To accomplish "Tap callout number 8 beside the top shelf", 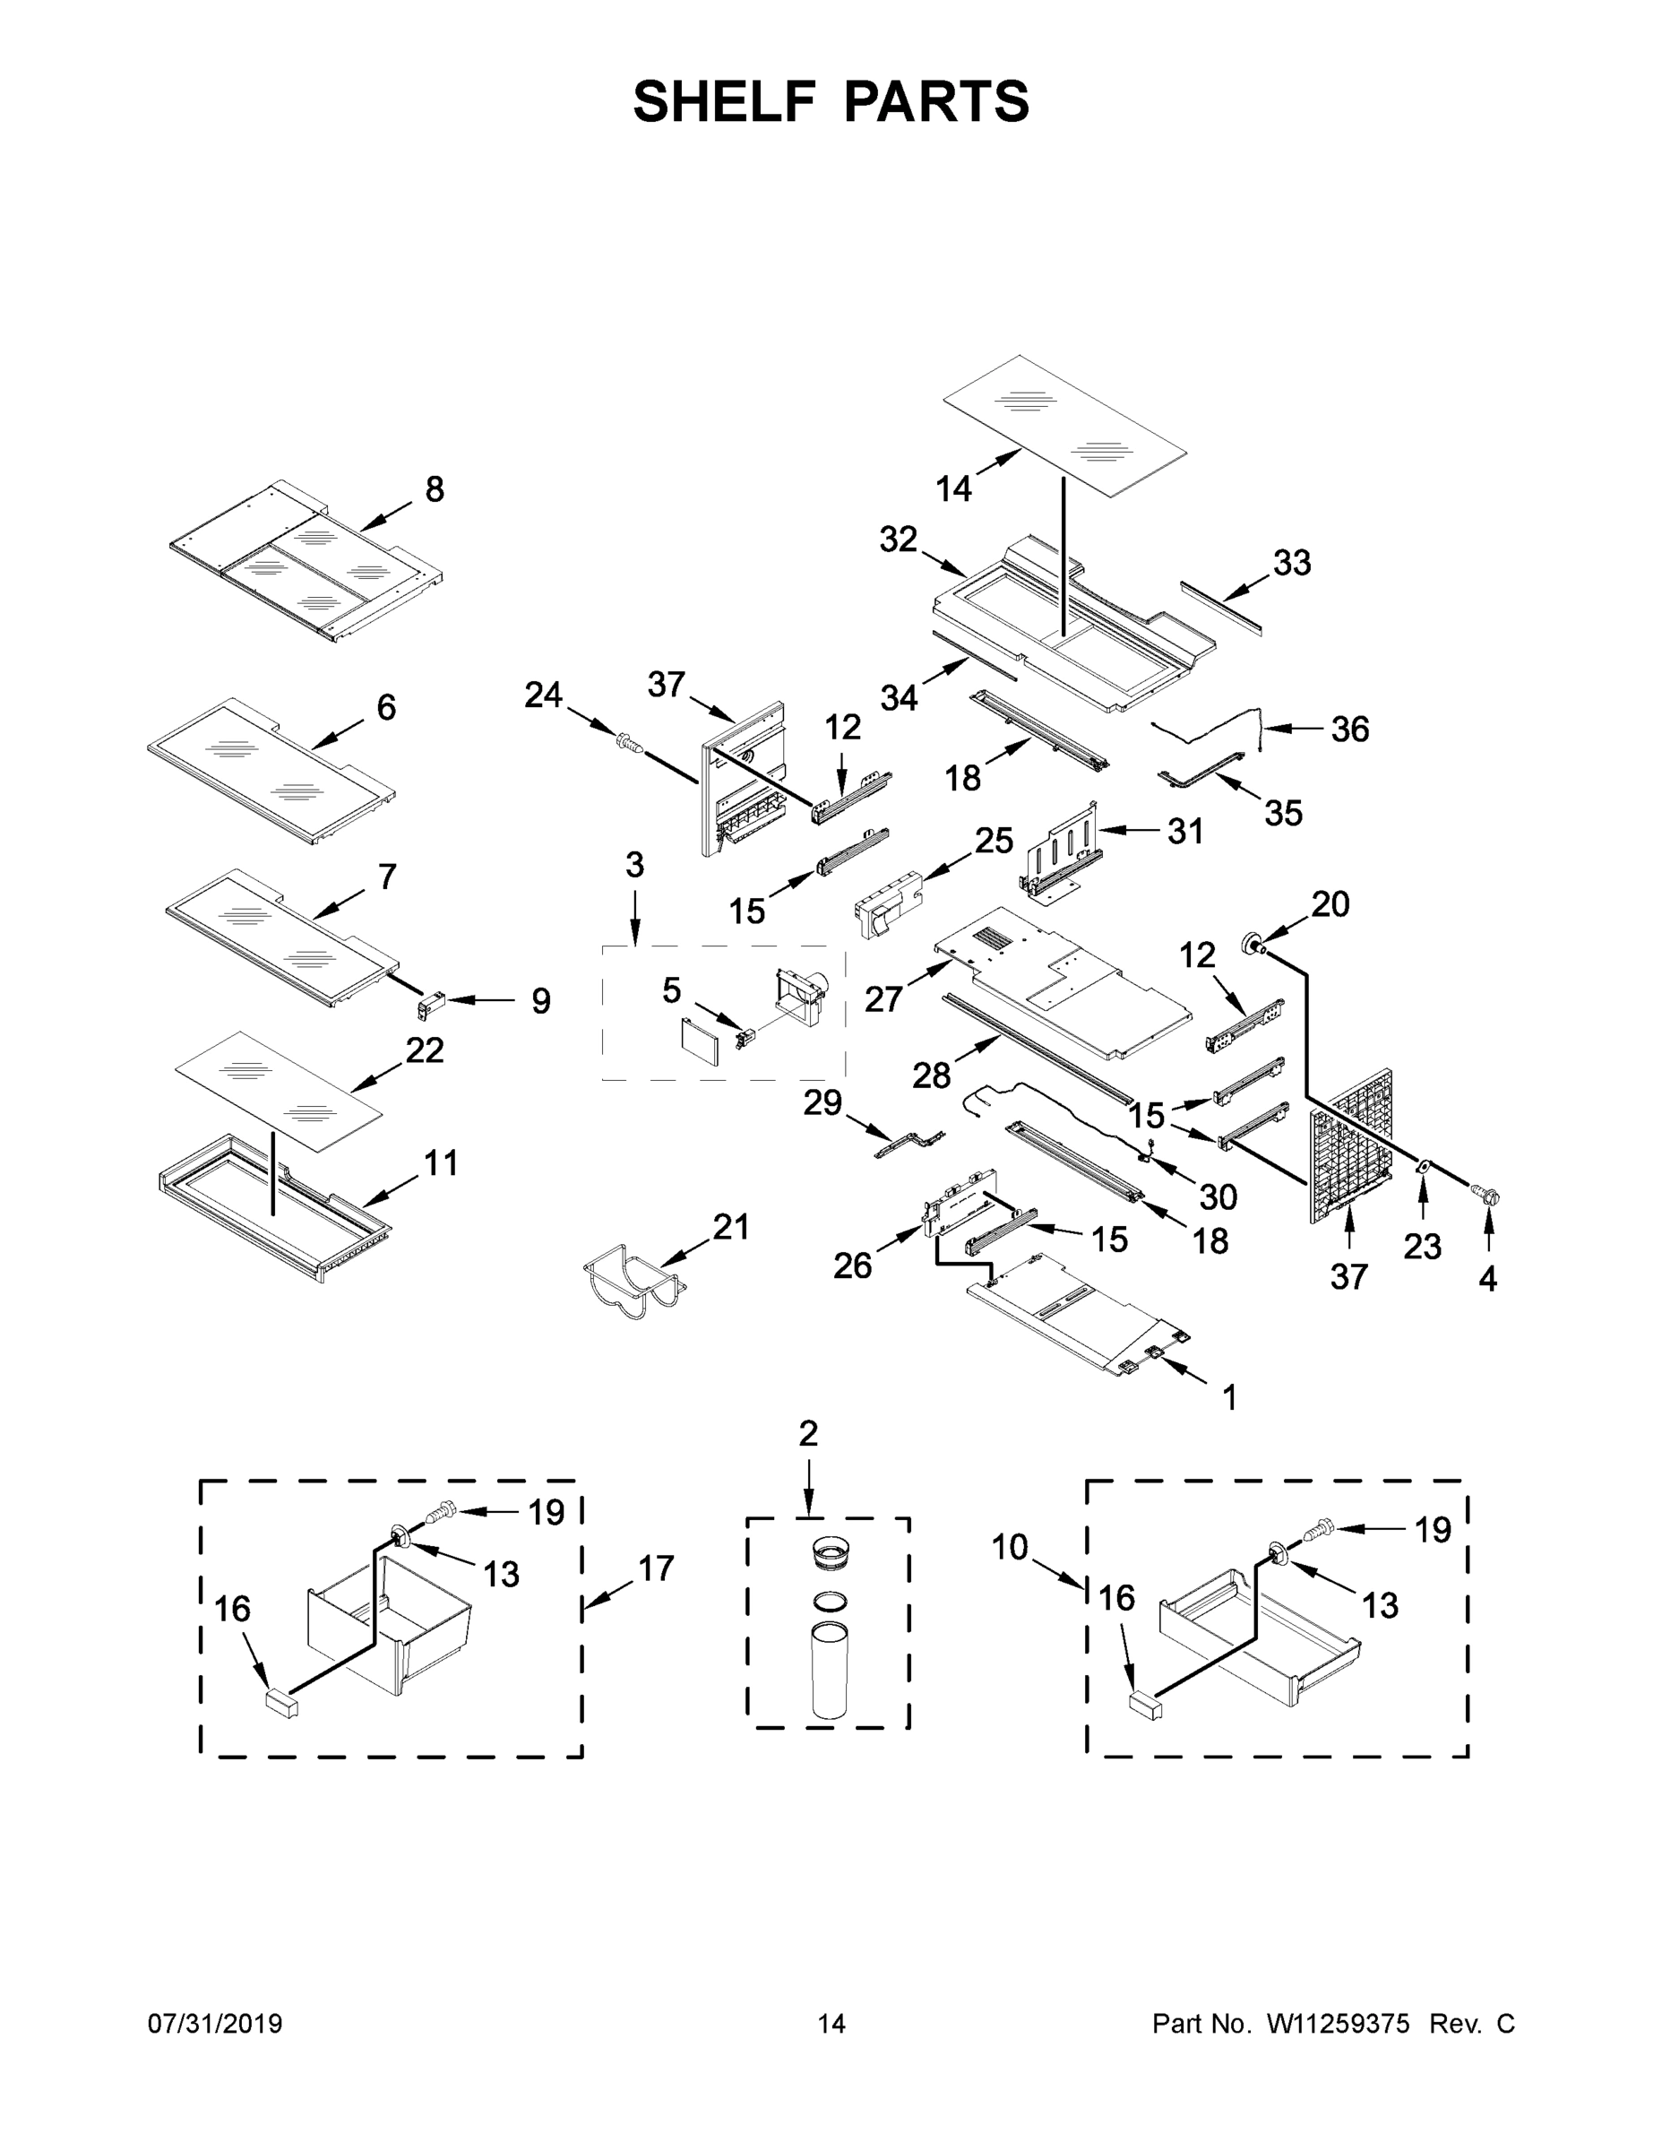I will [x=435, y=489].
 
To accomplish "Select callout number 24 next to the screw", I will [x=543, y=695].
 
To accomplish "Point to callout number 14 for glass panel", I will [x=953, y=488].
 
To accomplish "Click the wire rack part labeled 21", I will [x=633, y=1283].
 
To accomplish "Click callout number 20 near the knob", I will [x=1330, y=903].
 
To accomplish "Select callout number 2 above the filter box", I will [x=807, y=1433].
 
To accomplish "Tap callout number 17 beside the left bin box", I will [x=656, y=1567].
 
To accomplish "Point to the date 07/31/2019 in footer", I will [x=215, y=2023].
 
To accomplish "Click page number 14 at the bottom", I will [x=831, y=2023].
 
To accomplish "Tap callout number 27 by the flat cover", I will [x=883, y=998].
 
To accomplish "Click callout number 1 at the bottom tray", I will [x=1228, y=1396].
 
